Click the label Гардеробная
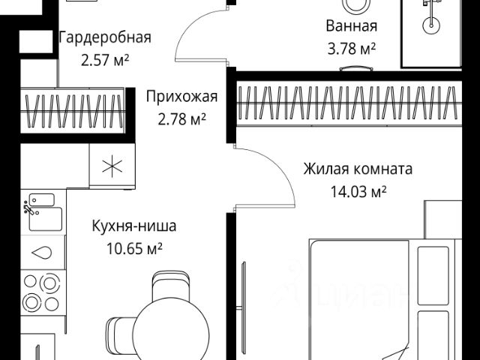105,37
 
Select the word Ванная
351,26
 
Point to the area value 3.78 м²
351,48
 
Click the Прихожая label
181,96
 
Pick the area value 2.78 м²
181,117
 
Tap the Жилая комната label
358,169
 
